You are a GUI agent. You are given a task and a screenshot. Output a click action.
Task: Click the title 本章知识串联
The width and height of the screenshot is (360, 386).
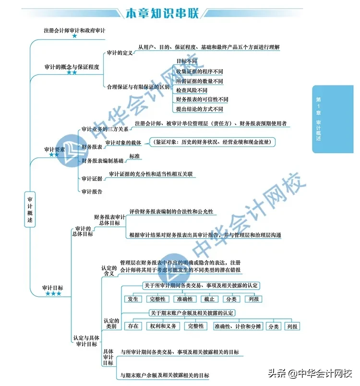coord(162,13)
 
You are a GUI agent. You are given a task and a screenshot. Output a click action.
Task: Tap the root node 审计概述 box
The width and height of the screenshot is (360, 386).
coord(30,209)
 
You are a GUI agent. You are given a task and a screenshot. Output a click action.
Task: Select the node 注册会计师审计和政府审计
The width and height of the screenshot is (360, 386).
coord(74,31)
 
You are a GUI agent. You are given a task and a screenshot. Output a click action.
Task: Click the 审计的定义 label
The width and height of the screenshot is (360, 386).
coord(120,53)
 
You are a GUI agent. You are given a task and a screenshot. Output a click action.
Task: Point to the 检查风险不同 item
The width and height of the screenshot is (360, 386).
coord(192,90)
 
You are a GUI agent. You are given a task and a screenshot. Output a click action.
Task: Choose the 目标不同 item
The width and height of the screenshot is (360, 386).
coord(187,61)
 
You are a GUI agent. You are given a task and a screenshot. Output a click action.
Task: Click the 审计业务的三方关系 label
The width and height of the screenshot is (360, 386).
coord(105,129)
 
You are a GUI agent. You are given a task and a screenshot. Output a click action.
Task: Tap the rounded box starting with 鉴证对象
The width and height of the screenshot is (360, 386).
coord(212,142)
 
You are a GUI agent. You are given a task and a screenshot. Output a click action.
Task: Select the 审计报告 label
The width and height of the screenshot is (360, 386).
coord(92,191)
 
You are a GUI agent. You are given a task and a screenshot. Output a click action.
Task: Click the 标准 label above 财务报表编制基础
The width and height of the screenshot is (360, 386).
coord(134,156)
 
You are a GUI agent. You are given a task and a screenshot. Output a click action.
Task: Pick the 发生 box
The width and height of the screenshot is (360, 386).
coord(133,299)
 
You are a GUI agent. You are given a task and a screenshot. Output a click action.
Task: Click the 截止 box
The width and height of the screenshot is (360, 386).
coord(209,299)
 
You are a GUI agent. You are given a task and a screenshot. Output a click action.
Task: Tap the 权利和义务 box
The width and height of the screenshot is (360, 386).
coord(163,326)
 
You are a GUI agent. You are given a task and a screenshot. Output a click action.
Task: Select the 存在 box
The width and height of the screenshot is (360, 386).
coord(133,326)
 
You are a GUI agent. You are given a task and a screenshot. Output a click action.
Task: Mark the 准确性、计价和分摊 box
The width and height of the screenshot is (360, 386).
coord(238,326)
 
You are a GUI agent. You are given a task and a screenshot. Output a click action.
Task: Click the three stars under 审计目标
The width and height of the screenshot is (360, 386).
coord(53,293)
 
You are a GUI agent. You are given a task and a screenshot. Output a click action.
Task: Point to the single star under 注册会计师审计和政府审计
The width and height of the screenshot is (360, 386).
coord(74,36)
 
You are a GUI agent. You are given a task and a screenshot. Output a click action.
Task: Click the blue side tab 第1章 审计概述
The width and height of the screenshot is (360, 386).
coord(333,119)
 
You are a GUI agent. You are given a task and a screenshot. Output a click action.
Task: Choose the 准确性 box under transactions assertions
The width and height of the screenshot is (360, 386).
coord(185,299)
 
